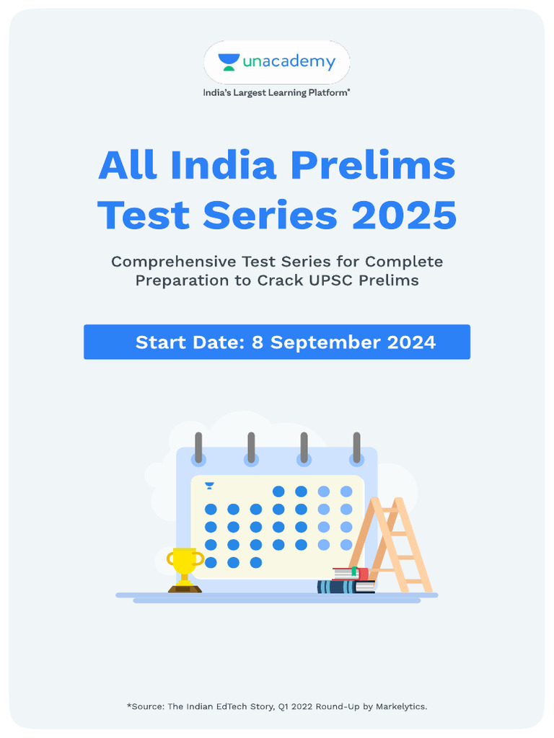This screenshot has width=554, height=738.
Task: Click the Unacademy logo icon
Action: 230,62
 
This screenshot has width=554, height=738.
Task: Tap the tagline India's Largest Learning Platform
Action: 276,92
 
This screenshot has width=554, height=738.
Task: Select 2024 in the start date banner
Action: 411,342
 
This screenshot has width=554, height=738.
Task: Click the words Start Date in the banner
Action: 188,342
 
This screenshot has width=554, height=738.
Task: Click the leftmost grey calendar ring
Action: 198,448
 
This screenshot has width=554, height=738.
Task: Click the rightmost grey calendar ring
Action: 356,448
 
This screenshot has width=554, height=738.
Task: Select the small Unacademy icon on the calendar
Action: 209,486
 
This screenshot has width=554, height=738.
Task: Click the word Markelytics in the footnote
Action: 400,706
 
